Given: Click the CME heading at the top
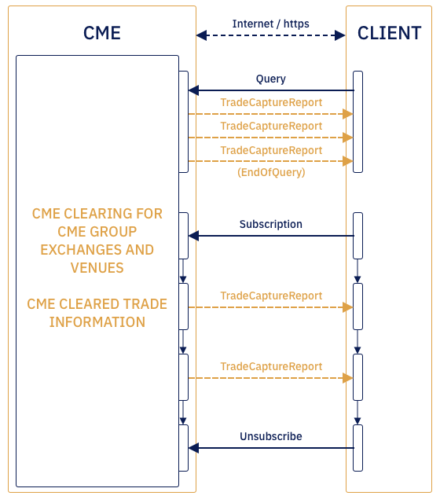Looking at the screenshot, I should [x=101, y=33].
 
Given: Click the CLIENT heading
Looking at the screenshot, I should [x=389, y=33].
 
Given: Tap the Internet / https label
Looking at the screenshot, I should [x=271, y=24].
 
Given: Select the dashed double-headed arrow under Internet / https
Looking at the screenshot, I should [x=271, y=35].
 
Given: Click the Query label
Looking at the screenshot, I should [x=271, y=79].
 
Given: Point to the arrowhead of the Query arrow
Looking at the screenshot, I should [x=193, y=90].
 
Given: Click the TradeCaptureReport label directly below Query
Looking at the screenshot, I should [x=271, y=102].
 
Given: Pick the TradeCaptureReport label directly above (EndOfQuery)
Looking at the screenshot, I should [x=271, y=150].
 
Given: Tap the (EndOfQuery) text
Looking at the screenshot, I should [x=271, y=172].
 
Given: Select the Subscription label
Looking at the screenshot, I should [x=271, y=224].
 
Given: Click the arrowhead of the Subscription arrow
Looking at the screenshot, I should [x=193, y=236].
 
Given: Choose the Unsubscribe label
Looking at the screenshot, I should [x=271, y=436].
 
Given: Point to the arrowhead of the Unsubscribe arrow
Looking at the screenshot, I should [x=193, y=448].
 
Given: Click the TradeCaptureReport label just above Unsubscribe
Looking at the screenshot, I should [x=271, y=366].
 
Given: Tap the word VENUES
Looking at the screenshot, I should [x=97, y=268].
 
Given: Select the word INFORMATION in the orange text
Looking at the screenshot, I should [x=97, y=322].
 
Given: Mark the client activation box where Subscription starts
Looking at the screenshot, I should [x=357, y=235].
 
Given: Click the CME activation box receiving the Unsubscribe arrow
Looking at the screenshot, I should [x=184, y=448].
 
